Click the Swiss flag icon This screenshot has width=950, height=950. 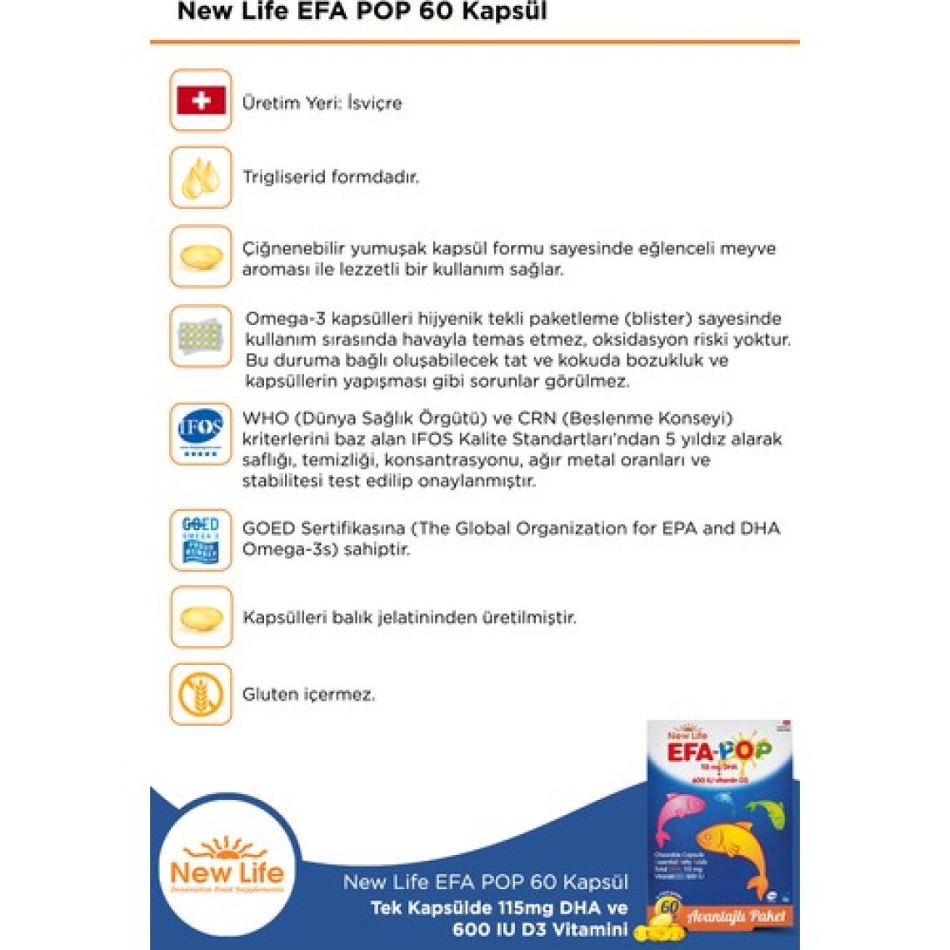point(201,101)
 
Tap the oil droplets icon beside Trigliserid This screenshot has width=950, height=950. point(201,177)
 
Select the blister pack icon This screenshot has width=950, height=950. point(201,336)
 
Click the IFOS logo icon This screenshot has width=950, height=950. point(201,433)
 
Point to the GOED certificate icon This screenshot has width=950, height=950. point(201,539)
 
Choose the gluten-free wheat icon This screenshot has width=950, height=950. point(201,694)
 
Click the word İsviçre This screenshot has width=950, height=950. point(374,103)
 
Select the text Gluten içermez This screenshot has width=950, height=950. point(308,694)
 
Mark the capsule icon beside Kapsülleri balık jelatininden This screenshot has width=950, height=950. point(201,617)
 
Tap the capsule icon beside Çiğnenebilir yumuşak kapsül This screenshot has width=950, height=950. point(201,256)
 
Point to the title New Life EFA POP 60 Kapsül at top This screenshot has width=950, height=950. point(362,12)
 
